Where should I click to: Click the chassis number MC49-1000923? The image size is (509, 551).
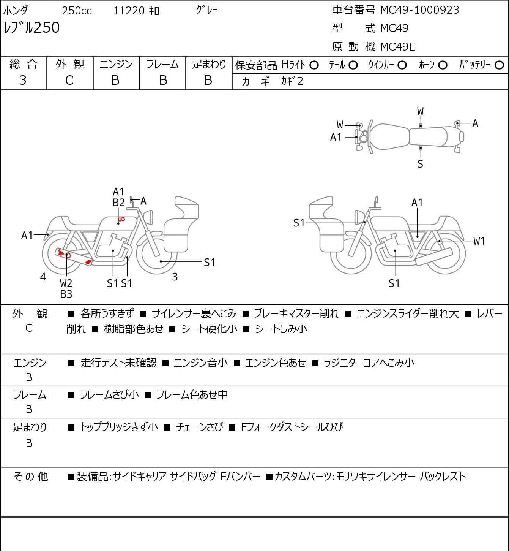coord(419,10)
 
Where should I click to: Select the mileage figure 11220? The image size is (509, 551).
coord(129,11)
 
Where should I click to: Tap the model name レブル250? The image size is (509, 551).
coord(32,27)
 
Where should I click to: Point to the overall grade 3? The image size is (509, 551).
coord(23,81)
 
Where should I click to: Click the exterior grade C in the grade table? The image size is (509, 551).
coord(69,81)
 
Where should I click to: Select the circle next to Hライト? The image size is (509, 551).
coord(314,65)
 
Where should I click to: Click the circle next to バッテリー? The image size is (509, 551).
coord(499,65)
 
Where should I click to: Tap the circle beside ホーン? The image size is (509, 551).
coord(443,65)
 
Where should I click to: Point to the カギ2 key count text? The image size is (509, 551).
coord(292,81)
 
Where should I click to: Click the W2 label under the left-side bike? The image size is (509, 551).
coord(66,283)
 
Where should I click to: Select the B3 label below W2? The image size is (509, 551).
coord(66,294)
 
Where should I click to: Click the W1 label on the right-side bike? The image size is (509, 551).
coord(479,241)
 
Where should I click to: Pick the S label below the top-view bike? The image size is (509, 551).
coord(420,164)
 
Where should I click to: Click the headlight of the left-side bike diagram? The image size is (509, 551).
coord(149,217)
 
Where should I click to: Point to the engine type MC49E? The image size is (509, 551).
coord(398,47)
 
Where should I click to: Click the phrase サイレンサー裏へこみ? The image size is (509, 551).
coord(194,313)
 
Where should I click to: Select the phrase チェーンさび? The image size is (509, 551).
coord(199,427)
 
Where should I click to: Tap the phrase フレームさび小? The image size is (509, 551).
coord(109,394)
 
